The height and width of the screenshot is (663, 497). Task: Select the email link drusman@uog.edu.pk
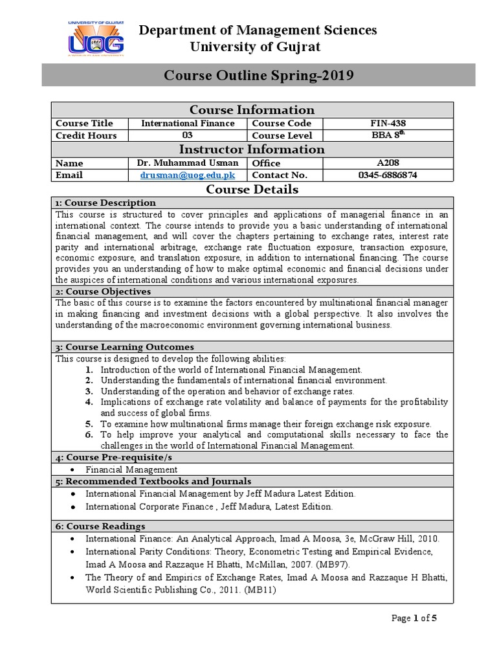click(x=188, y=175)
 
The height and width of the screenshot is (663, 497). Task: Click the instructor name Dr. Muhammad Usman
click(x=188, y=163)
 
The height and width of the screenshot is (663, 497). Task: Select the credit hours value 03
click(x=188, y=135)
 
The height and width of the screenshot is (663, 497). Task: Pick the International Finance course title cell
click(x=188, y=123)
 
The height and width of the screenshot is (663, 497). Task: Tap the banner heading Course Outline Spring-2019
click(x=259, y=76)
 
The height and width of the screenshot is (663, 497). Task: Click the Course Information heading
click(x=251, y=109)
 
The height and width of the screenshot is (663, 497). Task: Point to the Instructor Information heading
click(x=251, y=150)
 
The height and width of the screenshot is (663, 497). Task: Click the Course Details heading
click(x=252, y=189)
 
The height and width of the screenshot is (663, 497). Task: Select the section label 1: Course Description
click(x=105, y=203)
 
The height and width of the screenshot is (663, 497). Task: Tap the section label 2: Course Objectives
click(x=103, y=291)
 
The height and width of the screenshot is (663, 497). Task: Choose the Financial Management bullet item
click(x=131, y=469)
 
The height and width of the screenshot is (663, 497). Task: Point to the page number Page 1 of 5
click(x=415, y=618)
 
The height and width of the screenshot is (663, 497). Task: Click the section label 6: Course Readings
click(x=100, y=526)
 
